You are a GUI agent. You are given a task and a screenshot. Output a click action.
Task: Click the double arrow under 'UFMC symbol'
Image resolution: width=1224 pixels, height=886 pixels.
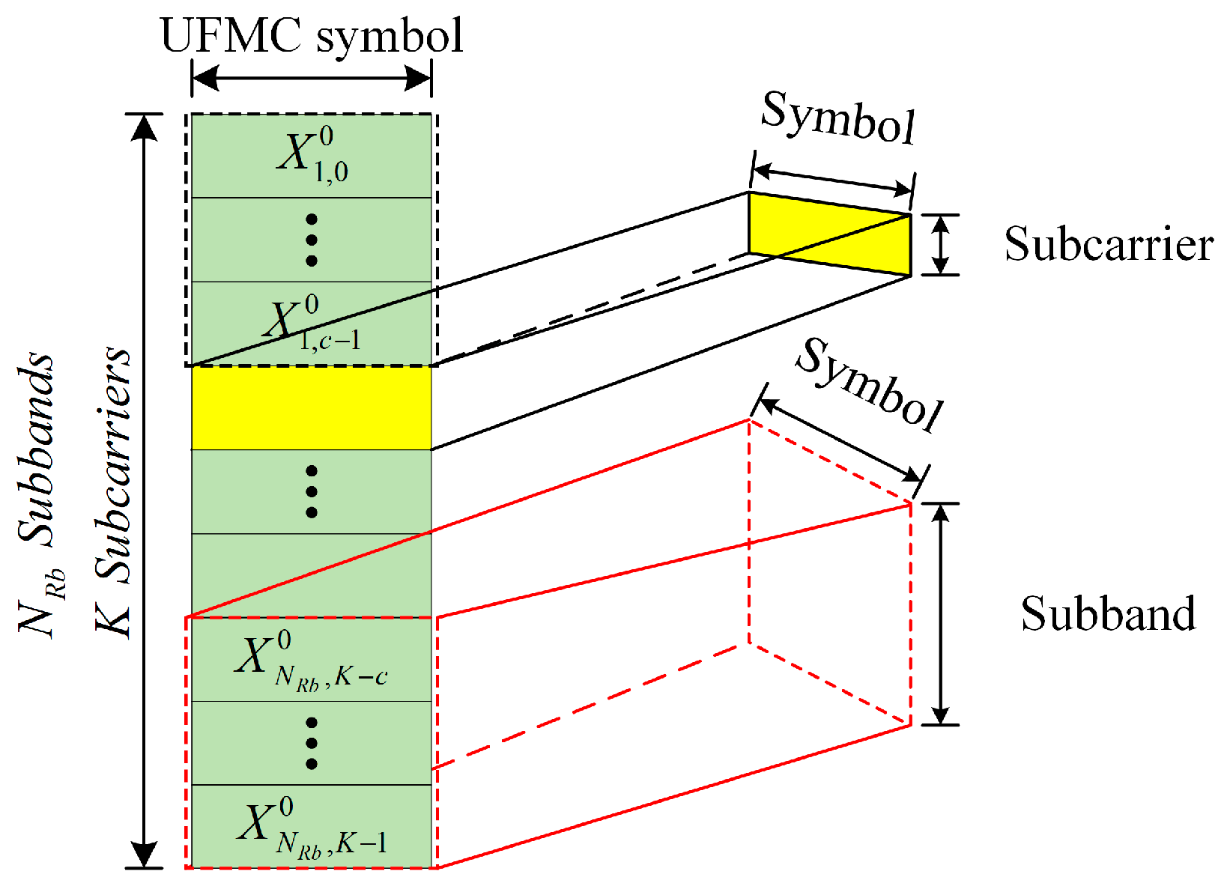[312, 77]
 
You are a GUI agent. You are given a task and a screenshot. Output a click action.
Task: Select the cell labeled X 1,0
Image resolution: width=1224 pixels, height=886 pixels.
[312, 156]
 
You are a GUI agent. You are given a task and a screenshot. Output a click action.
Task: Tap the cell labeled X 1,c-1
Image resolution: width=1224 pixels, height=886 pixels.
[312, 324]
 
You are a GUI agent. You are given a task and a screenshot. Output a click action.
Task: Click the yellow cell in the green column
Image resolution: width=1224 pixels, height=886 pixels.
[312, 408]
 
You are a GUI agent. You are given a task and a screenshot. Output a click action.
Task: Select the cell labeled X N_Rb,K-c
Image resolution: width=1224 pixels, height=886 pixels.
[312, 660]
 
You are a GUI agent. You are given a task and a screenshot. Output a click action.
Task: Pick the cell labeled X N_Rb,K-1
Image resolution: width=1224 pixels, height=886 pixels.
[312, 827]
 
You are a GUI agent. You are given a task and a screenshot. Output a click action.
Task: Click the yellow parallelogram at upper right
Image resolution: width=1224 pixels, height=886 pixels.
[830, 234]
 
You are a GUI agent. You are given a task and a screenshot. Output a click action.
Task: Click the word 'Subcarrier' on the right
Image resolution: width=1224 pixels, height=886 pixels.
[1108, 244]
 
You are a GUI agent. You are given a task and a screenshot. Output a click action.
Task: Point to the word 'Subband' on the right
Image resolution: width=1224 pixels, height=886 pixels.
[1108, 614]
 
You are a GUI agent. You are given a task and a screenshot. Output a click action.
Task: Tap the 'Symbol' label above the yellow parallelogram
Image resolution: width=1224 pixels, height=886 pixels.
[838, 118]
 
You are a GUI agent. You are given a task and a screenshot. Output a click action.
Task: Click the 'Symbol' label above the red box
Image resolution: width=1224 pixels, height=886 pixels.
[869, 384]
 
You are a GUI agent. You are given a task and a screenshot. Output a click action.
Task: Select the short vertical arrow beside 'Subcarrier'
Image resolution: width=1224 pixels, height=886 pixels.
[942, 245]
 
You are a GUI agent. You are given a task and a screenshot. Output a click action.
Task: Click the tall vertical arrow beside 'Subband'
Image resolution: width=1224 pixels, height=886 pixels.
[942, 614]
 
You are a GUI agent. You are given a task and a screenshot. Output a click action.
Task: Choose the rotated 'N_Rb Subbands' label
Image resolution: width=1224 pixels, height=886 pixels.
[42, 494]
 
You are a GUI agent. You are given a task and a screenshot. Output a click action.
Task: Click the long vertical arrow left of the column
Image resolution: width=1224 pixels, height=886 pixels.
[144, 491]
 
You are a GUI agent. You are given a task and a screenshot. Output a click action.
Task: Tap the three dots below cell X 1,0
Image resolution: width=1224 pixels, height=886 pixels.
[312, 240]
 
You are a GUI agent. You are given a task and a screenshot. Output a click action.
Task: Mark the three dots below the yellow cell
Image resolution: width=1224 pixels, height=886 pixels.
[312, 492]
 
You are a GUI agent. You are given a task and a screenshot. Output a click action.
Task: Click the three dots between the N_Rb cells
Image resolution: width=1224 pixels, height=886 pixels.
[312, 743]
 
